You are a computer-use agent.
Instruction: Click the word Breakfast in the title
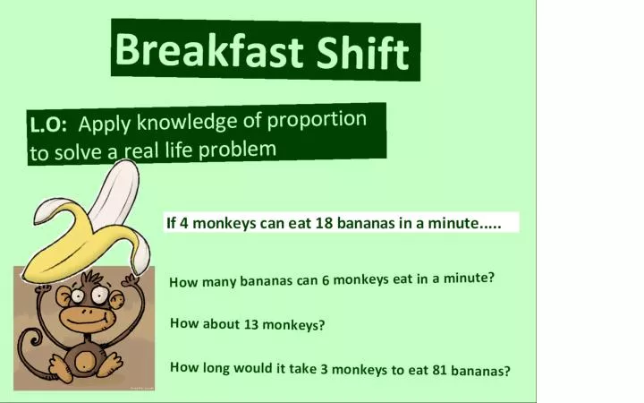pos(209,50)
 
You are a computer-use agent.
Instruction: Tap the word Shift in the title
pos(363,52)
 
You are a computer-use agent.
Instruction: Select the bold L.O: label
pos(48,125)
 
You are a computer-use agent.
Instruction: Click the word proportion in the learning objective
pos(317,120)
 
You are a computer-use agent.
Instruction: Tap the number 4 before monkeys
pos(184,223)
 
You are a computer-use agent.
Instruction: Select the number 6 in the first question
pos(326,280)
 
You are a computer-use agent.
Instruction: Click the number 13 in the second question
pos(251,324)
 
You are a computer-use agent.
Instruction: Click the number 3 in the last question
pos(324,369)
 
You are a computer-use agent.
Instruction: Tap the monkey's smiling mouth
pos(86,319)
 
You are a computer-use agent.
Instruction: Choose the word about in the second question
pos(221,323)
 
